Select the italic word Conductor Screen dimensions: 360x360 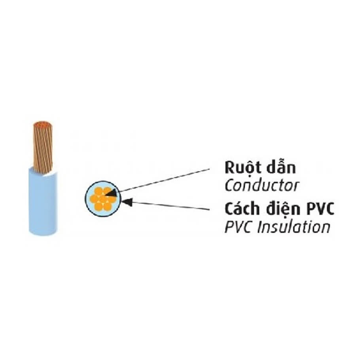262,186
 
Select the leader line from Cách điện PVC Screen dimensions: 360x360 169,205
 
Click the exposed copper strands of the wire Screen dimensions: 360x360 43,147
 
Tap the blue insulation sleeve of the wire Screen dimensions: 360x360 43,202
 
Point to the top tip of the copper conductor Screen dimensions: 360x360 43,122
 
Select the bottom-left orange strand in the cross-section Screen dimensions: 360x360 99,206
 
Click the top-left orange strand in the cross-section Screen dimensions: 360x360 99,191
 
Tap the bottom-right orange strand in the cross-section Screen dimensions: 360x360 107,206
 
